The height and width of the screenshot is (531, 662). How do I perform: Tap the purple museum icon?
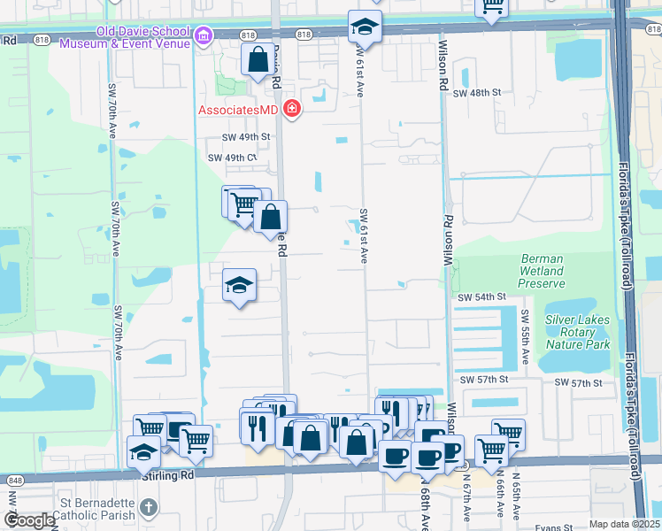pyautogui.click(x=204, y=36)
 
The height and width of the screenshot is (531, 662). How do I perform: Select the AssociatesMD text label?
pyautogui.click(x=236, y=111)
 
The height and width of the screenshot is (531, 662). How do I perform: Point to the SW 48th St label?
pyautogui.click(x=477, y=92)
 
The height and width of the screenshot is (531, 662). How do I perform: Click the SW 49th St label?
pyautogui.click(x=245, y=137)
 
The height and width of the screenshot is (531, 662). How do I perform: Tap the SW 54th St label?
pyautogui.click(x=481, y=298)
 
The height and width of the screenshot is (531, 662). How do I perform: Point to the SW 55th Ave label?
pyautogui.click(x=526, y=337)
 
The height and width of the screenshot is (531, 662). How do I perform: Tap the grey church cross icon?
pyautogui.click(x=149, y=508)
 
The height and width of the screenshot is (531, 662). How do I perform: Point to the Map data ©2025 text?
pyautogui.click(x=624, y=524)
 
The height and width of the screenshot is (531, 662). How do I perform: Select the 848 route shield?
pyautogui.click(x=14, y=479)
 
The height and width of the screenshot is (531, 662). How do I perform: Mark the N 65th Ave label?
pyautogui.click(x=514, y=501)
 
